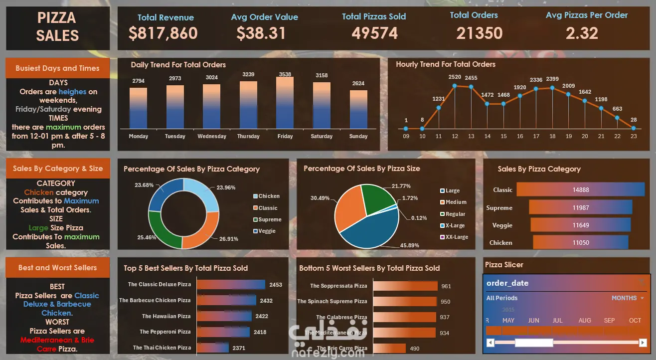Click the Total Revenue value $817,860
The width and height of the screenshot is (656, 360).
(x=163, y=33)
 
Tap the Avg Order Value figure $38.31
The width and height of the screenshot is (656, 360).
(x=261, y=33)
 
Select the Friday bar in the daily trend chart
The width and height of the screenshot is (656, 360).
(x=285, y=102)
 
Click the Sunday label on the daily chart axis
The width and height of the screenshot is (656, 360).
(x=358, y=136)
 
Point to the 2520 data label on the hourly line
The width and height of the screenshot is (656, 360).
(x=455, y=77)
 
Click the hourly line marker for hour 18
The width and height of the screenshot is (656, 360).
(x=552, y=88)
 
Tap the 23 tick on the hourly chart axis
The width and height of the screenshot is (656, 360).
(x=634, y=136)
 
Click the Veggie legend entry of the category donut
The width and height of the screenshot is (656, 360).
(x=267, y=231)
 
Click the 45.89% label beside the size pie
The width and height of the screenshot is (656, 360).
(x=409, y=245)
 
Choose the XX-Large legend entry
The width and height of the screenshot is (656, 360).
(x=456, y=237)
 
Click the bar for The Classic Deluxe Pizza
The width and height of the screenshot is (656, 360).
(x=231, y=285)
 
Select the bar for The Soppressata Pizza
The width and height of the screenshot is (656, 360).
(x=405, y=286)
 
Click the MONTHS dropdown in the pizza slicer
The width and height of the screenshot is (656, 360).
(x=627, y=298)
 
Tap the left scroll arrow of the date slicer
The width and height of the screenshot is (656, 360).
(x=491, y=343)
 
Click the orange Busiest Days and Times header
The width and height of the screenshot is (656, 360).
(x=57, y=68)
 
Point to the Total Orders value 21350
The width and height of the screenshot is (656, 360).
(x=479, y=33)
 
